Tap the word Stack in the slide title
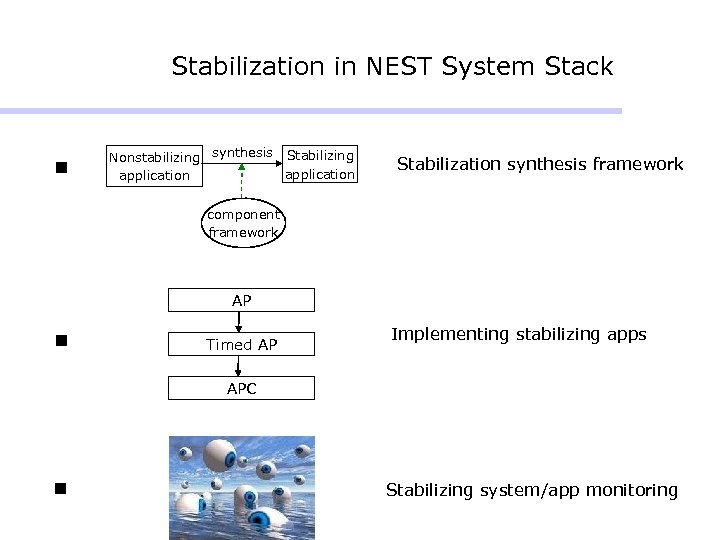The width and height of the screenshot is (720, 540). (579, 67)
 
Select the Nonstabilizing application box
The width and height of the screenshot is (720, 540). (154, 166)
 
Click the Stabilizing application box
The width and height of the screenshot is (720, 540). (319, 165)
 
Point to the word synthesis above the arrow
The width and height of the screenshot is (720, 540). (242, 153)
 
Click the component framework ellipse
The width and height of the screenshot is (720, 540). (242, 223)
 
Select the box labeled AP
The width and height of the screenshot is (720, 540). (241, 300)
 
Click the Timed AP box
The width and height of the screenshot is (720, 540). (241, 344)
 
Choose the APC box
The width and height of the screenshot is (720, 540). (241, 388)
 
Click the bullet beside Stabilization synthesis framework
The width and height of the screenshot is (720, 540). (61, 166)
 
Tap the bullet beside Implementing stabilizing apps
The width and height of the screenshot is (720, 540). (61, 340)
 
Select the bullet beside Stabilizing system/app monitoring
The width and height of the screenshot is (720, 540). (61, 489)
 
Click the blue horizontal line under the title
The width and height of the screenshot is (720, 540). (310, 110)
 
